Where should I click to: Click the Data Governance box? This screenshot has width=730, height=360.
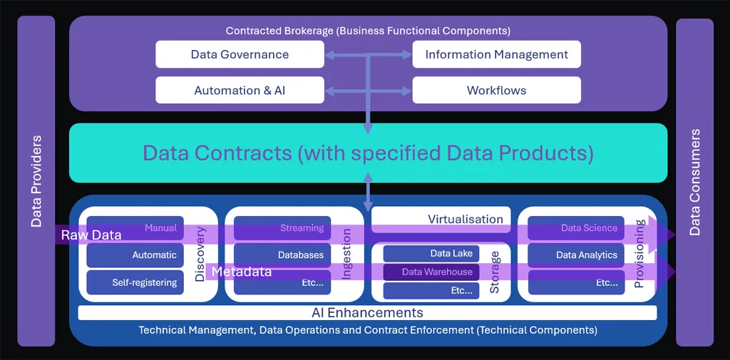[240, 55]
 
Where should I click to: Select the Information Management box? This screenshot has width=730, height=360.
[496, 55]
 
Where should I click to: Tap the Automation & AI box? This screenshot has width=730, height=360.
[240, 91]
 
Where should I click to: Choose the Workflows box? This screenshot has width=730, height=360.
[496, 91]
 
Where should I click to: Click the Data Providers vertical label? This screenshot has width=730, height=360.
[36, 181]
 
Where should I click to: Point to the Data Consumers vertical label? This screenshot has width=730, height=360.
[694, 182]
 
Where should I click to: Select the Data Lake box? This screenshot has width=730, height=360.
[431, 254]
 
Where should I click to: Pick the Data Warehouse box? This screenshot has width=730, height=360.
[431, 272]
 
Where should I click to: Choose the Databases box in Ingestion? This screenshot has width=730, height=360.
[282, 255]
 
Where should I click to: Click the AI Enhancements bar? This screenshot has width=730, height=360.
[367, 313]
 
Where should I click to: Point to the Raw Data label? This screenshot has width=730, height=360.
[91, 235]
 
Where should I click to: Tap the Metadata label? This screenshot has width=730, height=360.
[242, 272]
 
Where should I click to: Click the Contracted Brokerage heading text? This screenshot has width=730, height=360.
[368, 31]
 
